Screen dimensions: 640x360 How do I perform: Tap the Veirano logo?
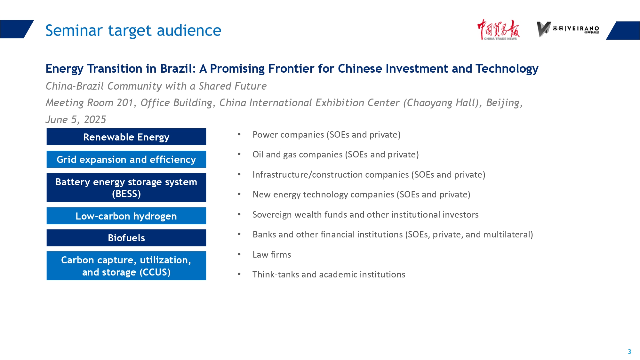pos(568,29)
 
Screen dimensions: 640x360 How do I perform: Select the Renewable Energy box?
pos(126,137)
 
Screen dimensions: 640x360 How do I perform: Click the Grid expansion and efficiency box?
pos(126,159)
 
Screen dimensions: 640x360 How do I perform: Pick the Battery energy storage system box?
pos(126,188)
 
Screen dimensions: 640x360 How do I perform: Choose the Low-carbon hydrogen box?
pos(126,216)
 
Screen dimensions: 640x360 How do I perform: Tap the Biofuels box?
pos(126,238)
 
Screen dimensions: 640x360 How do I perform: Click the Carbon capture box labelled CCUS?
pos(126,266)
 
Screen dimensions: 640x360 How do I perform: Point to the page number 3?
pos(629,352)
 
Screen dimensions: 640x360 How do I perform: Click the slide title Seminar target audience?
pos(133,31)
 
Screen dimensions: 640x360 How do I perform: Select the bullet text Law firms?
pos(272,255)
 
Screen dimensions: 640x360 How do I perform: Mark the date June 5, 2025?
pos(76,120)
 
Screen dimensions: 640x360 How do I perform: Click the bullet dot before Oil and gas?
pos(239,154)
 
